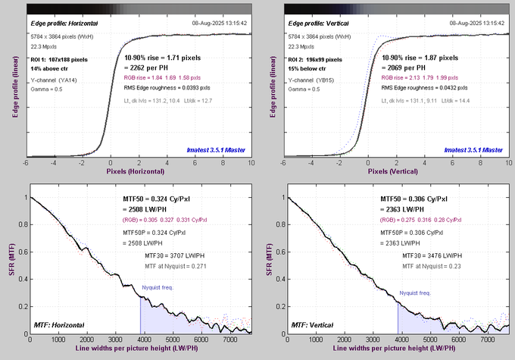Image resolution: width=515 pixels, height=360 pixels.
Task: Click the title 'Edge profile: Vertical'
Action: click(x=317, y=24)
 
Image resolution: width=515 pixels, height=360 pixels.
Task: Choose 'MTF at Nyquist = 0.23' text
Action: click(x=437, y=267)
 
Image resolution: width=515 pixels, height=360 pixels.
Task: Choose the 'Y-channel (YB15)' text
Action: click(x=311, y=79)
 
